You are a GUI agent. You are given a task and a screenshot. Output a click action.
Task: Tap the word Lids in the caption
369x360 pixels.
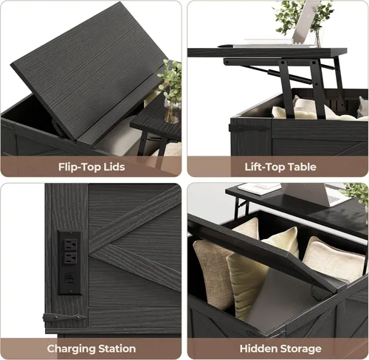click(115, 167)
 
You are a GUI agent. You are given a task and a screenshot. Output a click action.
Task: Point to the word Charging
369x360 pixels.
click(71, 349)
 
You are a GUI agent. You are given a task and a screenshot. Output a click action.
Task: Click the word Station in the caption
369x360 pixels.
click(117, 349)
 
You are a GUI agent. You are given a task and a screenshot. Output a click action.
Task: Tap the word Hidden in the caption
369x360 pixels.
click(258, 349)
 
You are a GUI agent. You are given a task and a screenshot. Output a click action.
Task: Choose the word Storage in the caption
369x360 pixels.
click(300, 349)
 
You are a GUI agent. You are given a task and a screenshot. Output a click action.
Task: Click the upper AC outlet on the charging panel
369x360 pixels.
click(70, 245)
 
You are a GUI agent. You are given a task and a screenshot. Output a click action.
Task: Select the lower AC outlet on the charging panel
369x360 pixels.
click(70, 259)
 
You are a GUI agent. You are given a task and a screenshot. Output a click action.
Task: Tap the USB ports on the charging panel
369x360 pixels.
click(70, 280)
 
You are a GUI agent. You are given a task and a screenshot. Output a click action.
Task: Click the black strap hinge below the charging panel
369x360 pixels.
click(65, 318)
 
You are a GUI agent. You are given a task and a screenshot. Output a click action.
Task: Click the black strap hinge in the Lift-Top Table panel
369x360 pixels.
click(249, 128)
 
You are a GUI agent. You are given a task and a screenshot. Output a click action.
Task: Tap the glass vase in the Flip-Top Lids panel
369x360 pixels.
click(172, 111)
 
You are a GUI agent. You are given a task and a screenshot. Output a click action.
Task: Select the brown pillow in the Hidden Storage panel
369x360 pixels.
click(213, 274)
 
